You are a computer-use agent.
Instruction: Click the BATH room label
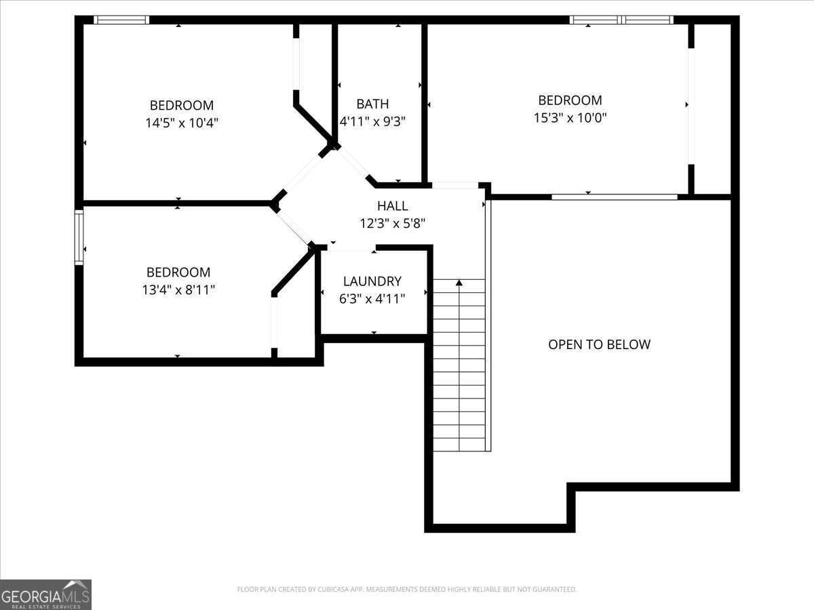tap(372, 104)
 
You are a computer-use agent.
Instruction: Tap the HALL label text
tap(392, 206)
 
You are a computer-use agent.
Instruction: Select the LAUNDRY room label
tap(372, 281)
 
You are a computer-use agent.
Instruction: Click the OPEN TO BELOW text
tap(599, 344)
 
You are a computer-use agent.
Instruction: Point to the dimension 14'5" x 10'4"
tap(182, 123)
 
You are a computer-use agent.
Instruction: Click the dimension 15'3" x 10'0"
tap(570, 118)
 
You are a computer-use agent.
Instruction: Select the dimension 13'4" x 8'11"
tap(178, 289)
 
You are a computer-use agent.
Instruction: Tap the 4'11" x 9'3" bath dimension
tap(372, 121)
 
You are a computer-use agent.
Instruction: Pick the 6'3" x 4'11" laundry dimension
tap(372, 298)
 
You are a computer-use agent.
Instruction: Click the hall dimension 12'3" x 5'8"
tap(392, 224)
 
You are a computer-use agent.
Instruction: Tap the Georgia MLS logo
tap(45, 594)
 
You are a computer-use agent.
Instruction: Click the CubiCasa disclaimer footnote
tap(407, 589)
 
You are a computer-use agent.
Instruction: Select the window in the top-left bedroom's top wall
tap(121, 20)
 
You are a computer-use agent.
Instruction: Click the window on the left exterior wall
tap(79, 237)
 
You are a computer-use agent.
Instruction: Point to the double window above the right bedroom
tap(621, 20)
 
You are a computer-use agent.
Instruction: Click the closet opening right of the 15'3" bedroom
tap(691, 106)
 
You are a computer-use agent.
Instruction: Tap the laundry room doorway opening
tap(351, 249)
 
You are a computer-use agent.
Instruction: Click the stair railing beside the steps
tap(488, 325)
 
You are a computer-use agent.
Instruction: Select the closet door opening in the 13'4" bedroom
tap(275, 323)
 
